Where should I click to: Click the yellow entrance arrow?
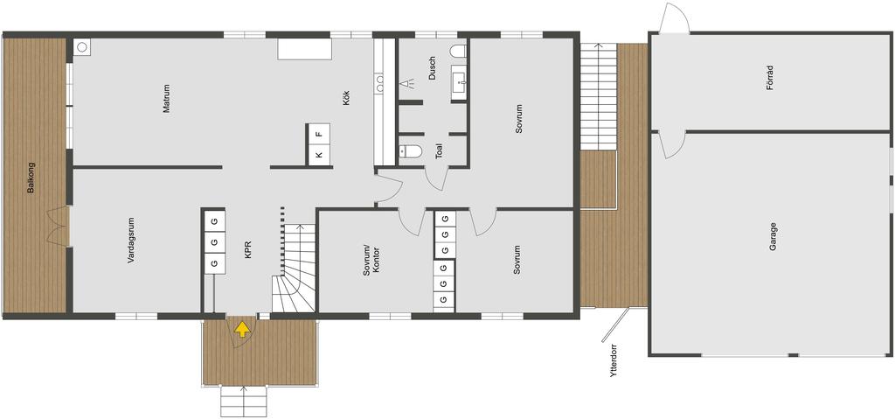[x=243, y=329]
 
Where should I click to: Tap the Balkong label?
[x=31, y=179]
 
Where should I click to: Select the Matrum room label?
[x=167, y=99]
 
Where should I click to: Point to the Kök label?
[x=346, y=97]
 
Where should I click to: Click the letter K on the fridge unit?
[x=319, y=155]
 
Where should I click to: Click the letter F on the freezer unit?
[x=319, y=135]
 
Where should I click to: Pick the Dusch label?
[x=432, y=67]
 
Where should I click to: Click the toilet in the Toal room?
[x=411, y=151]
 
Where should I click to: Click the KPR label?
[x=248, y=250]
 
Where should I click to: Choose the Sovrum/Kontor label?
[x=371, y=262]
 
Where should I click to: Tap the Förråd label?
[x=769, y=77]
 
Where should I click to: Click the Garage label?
[x=773, y=237]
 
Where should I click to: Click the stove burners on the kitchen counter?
[x=380, y=84]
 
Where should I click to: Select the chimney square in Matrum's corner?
[x=81, y=47]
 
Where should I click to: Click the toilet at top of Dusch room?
[x=458, y=51]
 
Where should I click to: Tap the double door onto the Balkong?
[x=58, y=227]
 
